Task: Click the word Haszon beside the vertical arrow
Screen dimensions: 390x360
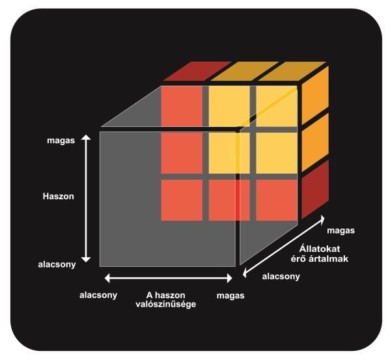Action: click(59, 197)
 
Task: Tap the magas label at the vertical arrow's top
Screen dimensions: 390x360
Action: click(61, 141)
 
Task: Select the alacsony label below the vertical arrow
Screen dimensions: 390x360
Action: click(57, 264)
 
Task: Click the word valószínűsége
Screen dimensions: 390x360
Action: click(166, 304)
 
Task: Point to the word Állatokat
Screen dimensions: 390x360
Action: click(320, 249)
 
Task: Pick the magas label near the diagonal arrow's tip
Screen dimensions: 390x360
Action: click(341, 230)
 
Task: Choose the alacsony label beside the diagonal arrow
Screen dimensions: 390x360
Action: click(281, 277)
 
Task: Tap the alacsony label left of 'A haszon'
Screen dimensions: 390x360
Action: click(98, 296)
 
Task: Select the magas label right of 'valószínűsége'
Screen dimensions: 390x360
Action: click(230, 296)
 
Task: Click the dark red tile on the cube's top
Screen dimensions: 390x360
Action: click(197, 72)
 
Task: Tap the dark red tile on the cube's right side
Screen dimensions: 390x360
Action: click(315, 189)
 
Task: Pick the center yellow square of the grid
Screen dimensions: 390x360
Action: click(229, 153)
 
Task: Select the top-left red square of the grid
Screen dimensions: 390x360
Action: click(182, 106)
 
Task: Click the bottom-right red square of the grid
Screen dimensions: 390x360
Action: click(277, 200)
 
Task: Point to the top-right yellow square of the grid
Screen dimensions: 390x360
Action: click(277, 106)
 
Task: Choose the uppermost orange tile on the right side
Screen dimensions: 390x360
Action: click(315, 95)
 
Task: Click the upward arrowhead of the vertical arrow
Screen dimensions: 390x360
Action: click(87, 137)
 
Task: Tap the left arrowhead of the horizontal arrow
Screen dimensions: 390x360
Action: click(107, 278)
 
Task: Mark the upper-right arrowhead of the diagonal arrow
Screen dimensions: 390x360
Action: click(322, 219)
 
